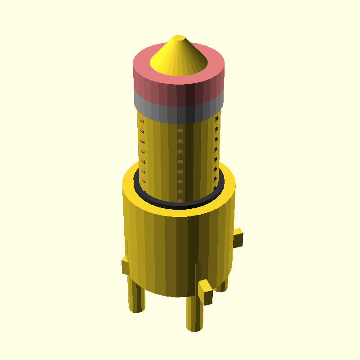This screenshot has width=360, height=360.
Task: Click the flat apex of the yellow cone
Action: coord(179,37)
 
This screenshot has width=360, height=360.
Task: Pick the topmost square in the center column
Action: coord(180,130)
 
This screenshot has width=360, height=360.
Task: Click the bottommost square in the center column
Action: coord(180,201)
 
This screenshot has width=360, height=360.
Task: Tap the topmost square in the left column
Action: coord(142,121)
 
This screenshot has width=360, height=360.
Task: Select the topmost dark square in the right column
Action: coord(217,119)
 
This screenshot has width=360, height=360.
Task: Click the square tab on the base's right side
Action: coord(238,238)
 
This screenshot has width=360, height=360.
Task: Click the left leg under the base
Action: coord(137,297)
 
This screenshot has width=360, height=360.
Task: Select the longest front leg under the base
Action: coord(193,315)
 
